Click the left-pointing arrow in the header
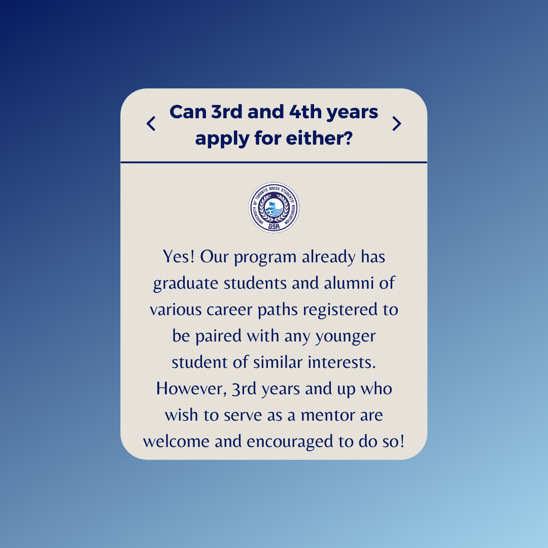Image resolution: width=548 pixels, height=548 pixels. [151, 123]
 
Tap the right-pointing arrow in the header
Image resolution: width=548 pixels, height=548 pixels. [397, 123]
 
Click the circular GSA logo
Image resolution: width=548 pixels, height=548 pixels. [274, 208]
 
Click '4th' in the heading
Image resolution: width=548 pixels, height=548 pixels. [305, 112]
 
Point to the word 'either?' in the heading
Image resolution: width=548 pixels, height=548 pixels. [319, 138]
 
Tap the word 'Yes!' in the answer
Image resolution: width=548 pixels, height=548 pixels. [179, 257]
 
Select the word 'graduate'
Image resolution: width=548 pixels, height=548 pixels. [185, 284]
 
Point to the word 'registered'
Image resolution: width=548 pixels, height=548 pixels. [340, 310]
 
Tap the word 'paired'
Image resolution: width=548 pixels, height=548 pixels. [218, 336]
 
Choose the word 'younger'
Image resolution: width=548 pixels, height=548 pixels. [346, 337]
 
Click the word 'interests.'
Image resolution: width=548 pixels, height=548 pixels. [342, 362]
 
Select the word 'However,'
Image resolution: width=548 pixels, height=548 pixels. [191, 389]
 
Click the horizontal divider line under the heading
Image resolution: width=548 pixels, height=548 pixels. [274, 162]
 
